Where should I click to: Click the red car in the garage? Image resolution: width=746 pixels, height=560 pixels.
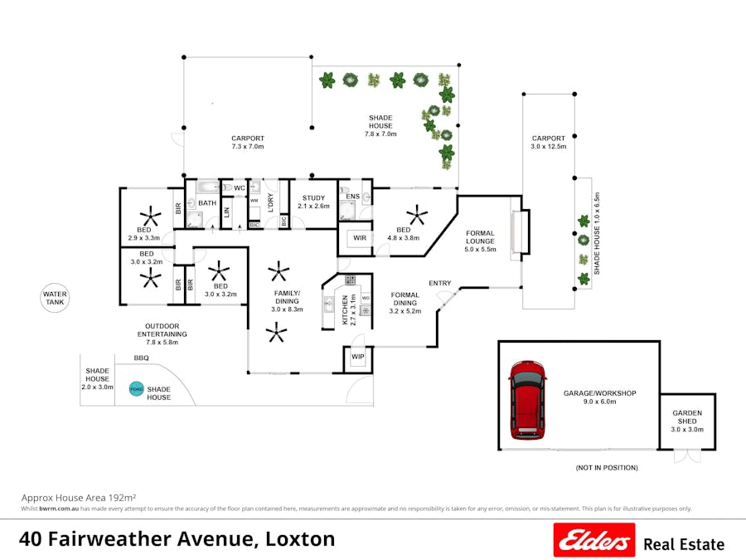[x=529, y=399]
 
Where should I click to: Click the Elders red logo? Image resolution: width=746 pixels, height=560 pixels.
[x=594, y=540]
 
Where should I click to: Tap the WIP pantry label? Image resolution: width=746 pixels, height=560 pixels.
[x=358, y=358]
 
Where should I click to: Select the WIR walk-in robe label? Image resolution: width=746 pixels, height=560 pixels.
[x=360, y=238]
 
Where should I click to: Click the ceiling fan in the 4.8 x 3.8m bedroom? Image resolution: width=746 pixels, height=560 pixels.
[x=416, y=217]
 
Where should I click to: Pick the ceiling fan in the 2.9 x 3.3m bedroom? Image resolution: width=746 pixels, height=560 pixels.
[x=150, y=218]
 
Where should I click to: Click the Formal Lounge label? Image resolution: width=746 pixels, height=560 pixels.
[x=480, y=240]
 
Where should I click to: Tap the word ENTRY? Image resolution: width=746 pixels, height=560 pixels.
[x=439, y=284]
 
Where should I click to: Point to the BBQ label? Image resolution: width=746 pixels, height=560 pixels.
[x=142, y=358]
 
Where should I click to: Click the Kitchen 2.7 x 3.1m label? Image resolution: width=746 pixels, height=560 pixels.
[x=349, y=309]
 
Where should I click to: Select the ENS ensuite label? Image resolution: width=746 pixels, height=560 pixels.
[x=352, y=197]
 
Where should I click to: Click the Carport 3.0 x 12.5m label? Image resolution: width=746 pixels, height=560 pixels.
[x=548, y=143]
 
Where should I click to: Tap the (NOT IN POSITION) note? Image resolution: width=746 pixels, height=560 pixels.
[x=607, y=468]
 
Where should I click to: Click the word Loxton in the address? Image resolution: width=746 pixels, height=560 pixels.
[x=299, y=539]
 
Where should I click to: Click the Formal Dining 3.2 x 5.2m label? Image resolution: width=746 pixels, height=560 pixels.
[x=405, y=303]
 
